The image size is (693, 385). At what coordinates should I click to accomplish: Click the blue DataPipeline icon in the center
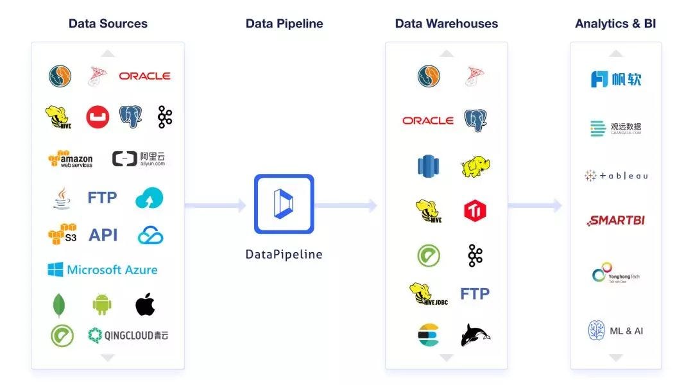(284, 203)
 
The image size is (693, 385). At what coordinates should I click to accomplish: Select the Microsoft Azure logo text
(103, 269)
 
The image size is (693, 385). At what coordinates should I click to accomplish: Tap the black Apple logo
(145, 304)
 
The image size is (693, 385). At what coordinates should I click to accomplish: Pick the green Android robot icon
(102, 304)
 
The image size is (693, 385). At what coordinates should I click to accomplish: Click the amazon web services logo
(71, 159)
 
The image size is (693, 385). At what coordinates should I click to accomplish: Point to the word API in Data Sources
(103, 235)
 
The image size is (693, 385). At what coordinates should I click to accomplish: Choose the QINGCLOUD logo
(128, 335)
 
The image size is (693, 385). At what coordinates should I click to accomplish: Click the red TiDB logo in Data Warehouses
(475, 210)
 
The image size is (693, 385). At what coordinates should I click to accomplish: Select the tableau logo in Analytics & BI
(616, 176)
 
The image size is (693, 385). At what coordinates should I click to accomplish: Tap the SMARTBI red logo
(616, 221)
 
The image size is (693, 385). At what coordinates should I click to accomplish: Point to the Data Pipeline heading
(284, 24)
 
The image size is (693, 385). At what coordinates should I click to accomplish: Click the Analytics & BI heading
(615, 24)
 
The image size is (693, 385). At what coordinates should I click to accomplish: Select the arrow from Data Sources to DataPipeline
(215, 205)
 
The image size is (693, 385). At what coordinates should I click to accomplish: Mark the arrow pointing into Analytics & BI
(535, 205)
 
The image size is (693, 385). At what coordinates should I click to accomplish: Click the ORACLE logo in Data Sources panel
(144, 76)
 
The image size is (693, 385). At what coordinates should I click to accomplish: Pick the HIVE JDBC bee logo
(429, 294)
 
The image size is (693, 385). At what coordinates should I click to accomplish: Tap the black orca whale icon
(475, 335)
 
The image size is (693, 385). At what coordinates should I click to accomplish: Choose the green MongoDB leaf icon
(59, 305)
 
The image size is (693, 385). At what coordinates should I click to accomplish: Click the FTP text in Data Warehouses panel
(475, 294)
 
